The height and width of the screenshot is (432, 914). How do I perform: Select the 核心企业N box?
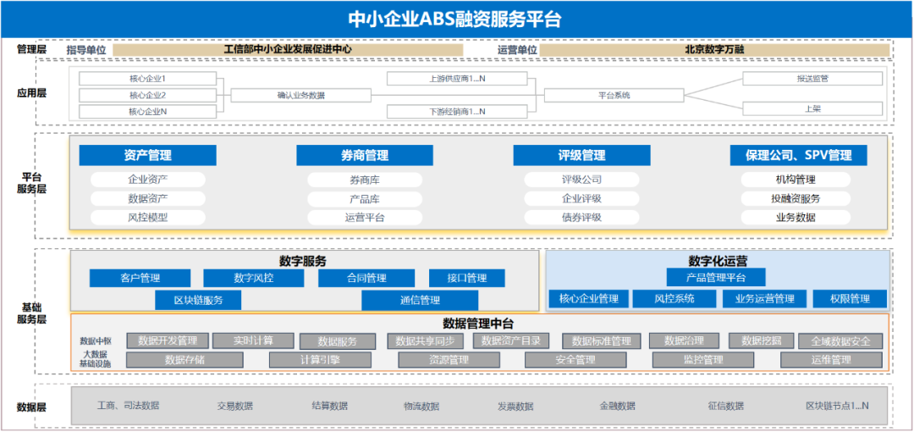point(147,112)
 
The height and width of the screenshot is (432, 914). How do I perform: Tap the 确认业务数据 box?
point(300,96)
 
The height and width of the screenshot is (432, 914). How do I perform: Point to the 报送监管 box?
point(812,79)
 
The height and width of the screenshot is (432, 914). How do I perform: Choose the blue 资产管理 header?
point(147,156)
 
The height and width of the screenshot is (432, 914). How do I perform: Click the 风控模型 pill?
point(147,217)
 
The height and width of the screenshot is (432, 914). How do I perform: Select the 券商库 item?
point(364,180)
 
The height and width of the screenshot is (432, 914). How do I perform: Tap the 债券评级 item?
point(581,217)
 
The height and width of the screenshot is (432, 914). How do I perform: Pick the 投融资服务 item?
point(796,198)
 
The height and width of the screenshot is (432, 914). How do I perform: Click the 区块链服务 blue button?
point(198,300)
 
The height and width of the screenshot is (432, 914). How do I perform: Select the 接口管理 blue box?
point(466,278)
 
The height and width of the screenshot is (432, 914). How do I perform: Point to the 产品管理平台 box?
point(716,277)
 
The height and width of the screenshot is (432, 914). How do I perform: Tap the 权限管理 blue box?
point(849,299)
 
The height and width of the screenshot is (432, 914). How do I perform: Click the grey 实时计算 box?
point(253,341)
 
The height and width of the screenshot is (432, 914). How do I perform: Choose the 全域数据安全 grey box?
point(840,341)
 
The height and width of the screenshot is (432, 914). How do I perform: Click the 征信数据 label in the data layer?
point(726,407)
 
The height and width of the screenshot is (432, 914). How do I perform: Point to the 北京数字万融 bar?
point(714,50)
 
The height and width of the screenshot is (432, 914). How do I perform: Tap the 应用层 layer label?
point(31,93)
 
